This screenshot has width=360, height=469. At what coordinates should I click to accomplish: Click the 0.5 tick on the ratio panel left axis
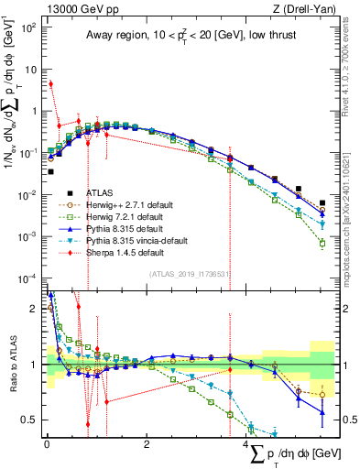(30, 420)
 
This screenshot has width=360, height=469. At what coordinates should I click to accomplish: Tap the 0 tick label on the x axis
(47, 443)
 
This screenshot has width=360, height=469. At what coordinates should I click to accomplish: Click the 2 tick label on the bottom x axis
(147, 443)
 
